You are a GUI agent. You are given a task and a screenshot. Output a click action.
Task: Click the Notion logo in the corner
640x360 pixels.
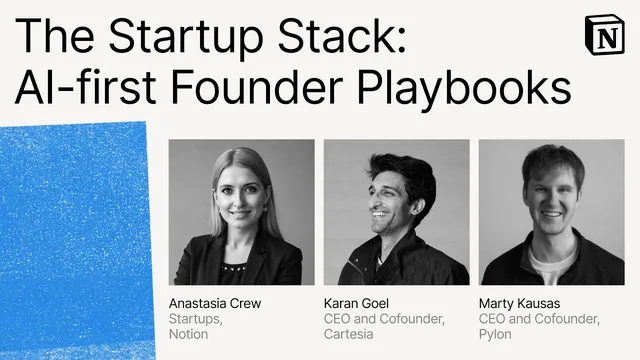click(605, 37)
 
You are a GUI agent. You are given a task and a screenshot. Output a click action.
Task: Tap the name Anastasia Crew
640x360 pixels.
click(213, 303)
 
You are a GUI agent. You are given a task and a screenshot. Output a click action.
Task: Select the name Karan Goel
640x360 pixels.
click(354, 303)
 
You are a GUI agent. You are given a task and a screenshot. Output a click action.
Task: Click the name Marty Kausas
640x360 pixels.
click(519, 303)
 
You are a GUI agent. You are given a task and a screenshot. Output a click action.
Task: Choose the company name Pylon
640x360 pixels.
click(496, 334)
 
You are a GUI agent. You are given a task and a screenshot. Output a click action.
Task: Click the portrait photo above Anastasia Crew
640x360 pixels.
click(235, 212)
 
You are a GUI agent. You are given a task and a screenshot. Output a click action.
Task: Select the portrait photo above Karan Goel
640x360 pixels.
click(396, 212)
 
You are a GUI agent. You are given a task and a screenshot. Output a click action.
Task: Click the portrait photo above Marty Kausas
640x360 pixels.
click(552, 212)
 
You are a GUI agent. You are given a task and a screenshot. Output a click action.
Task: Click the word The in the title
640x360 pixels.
click(50, 37)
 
